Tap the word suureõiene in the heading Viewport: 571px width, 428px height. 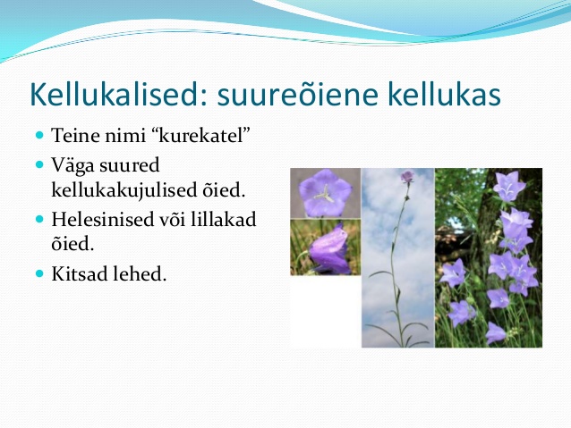[x=298, y=95]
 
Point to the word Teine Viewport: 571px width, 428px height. [x=75, y=135]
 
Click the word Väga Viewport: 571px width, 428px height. [x=72, y=166]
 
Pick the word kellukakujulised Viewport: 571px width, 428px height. [x=124, y=190]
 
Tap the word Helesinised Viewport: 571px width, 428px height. [x=103, y=220]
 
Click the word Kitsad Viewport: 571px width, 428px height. [x=79, y=273]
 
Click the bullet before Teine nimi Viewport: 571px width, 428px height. [x=39, y=136]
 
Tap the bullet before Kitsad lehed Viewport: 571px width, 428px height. [x=39, y=273]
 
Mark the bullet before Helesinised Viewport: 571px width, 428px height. [x=39, y=219]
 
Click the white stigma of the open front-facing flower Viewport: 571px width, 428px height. [x=324, y=194]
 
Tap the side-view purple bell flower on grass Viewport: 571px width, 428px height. [x=329, y=250]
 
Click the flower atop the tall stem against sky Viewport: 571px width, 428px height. [x=407, y=177]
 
